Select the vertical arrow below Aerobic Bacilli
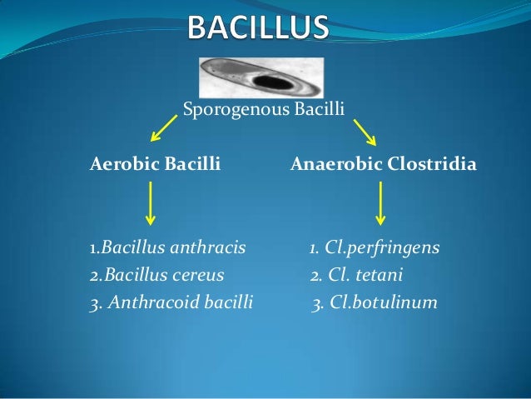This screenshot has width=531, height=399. pyautogui.click(x=151, y=203)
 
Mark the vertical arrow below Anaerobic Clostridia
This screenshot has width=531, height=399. pyautogui.click(x=380, y=203)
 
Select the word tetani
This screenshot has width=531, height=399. pyautogui.click(x=380, y=275)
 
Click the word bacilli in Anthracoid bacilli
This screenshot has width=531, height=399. pyautogui.click(x=228, y=302)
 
